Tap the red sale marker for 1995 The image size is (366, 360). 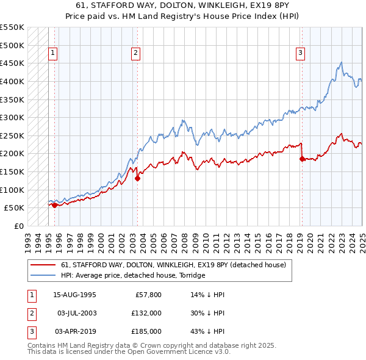54,205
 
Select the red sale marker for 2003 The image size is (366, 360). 137,179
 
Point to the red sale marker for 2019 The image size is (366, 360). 302,159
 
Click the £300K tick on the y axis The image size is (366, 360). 12,117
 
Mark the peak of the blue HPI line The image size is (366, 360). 341,62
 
